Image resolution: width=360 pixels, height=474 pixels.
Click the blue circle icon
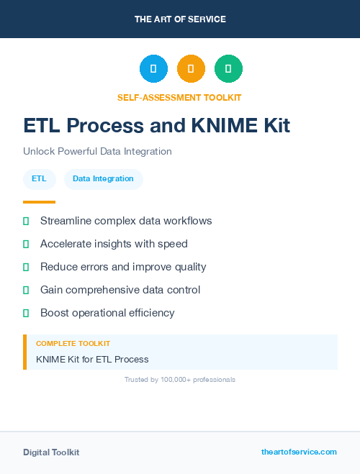153,69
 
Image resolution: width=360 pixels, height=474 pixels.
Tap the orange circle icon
191,69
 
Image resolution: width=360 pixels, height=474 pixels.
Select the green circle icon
228,69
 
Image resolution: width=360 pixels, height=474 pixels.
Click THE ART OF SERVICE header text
180,19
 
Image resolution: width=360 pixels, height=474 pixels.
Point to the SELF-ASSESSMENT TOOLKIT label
179,97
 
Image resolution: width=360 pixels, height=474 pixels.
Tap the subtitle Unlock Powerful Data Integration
97,152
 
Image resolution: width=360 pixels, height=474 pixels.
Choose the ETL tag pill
39,178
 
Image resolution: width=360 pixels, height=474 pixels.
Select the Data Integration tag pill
103,178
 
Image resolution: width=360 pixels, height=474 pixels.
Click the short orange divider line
39,202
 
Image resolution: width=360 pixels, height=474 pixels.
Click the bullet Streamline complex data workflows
126,221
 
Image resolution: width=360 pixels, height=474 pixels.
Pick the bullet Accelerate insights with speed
114,244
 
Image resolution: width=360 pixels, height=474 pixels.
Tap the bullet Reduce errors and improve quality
123,267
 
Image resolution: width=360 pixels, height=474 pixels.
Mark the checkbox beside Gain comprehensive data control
26,290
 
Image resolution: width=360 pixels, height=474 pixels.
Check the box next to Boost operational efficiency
26,313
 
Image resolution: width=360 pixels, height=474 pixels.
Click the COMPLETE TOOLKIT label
73,344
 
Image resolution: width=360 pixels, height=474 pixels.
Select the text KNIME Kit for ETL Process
92,359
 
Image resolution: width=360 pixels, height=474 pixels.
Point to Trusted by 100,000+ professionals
180,379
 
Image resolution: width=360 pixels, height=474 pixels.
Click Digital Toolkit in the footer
51,452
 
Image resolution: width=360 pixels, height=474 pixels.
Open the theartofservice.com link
299,452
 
